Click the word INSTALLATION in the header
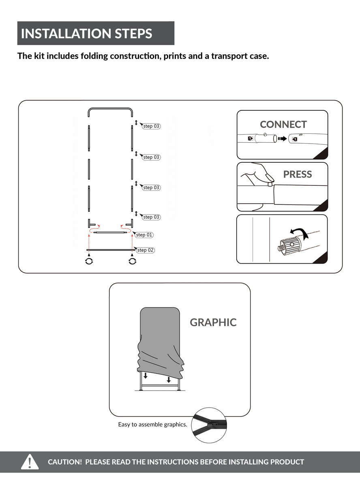click(x=66, y=34)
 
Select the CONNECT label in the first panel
click(x=283, y=125)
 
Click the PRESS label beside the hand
click(x=298, y=174)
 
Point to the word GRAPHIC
click(x=213, y=322)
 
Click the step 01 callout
click(x=144, y=235)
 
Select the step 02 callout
click(x=145, y=250)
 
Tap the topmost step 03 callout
click(x=151, y=126)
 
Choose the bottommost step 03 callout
click(x=151, y=217)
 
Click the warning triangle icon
click(x=30, y=462)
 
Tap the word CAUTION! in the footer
click(x=65, y=462)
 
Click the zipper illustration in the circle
click(x=209, y=425)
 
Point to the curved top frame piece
click(x=110, y=108)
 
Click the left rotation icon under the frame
click(x=89, y=261)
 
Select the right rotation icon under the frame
click(x=132, y=261)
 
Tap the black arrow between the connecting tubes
click(x=283, y=139)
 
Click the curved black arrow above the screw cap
click(x=300, y=232)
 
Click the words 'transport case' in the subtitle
click(x=240, y=56)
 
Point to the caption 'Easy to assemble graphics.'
click(x=152, y=425)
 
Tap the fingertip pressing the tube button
click(x=270, y=178)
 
